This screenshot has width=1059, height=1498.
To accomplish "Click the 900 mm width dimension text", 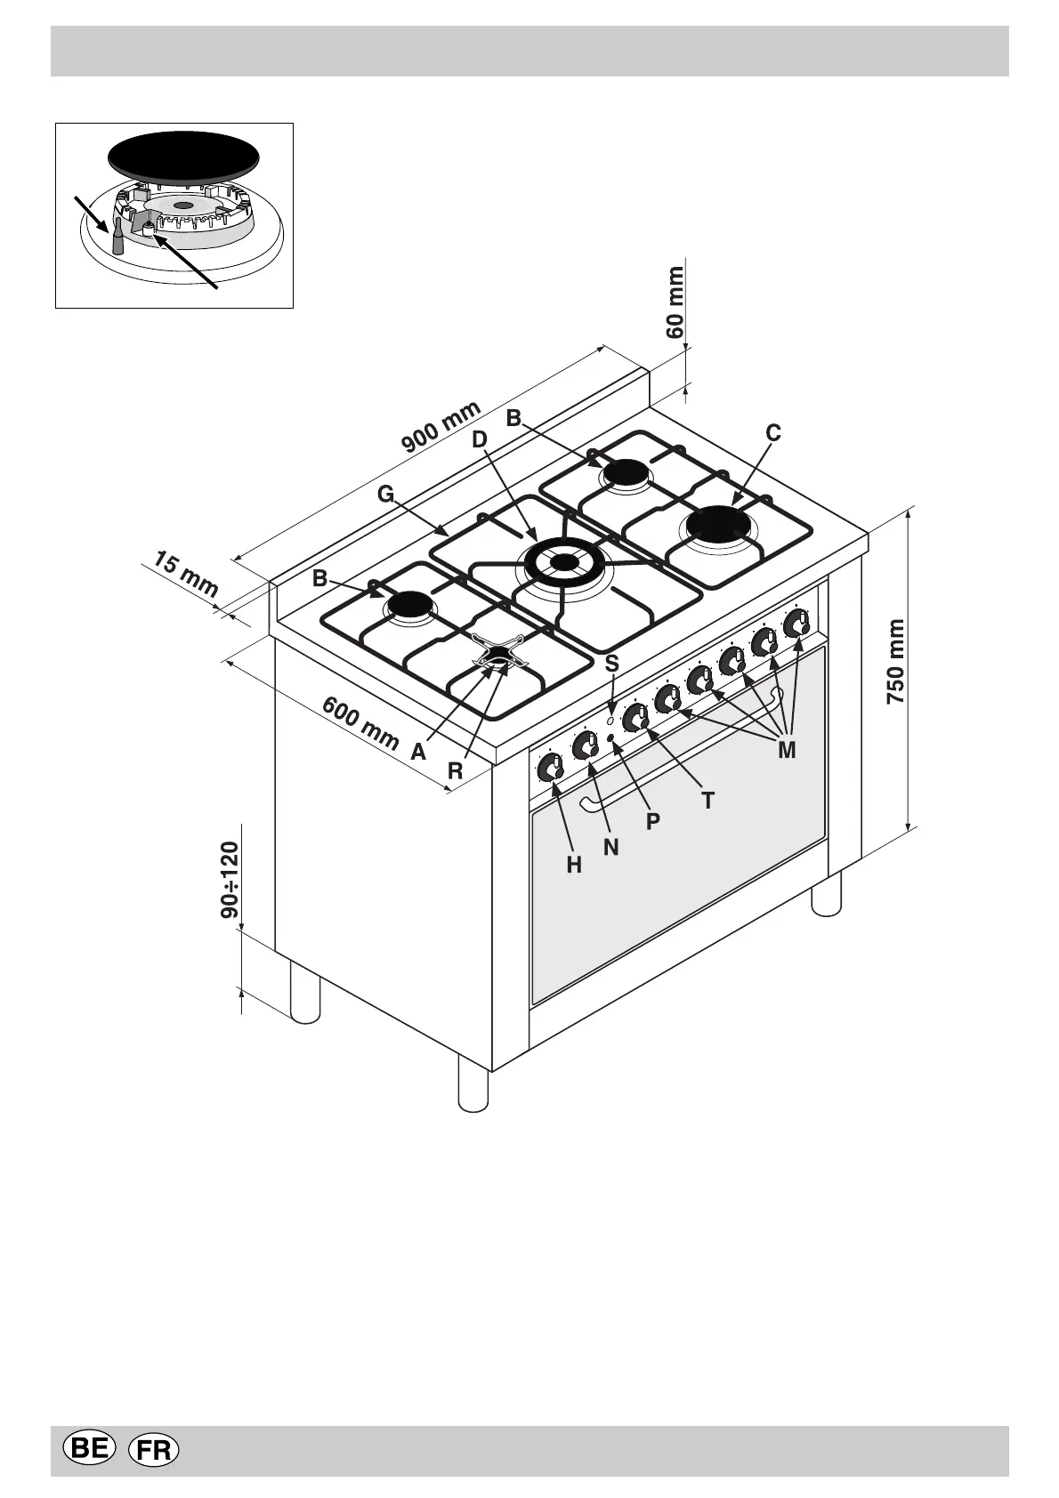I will (x=441, y=426).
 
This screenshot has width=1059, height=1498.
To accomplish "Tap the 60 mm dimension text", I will (x=676, y=302).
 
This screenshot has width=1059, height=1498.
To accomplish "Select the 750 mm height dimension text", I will (x=896, y=662).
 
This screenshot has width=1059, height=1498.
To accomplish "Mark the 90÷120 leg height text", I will (x=230, y=880).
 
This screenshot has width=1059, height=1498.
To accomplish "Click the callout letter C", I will (x=773, y=433).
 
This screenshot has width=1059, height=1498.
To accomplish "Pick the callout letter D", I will (x=480, y=439).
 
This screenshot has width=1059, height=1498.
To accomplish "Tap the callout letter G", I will (x=385, y=495).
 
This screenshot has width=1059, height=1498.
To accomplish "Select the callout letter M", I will (x=786, y=750).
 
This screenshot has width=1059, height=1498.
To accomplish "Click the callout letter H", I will (x=574, y=864).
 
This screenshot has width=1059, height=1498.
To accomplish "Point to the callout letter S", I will (x=611, y=664).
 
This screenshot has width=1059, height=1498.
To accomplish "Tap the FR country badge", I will (x=154, y=1450).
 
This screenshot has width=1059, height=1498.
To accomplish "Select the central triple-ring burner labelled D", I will (x=563, y=561).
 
